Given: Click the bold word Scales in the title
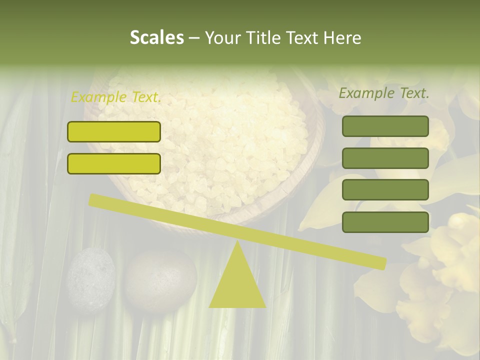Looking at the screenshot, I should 156,38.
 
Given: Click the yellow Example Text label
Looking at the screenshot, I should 116,97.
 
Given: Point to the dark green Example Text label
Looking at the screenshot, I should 384,93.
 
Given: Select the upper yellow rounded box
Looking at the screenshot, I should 114,131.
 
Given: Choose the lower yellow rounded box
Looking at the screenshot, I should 114,163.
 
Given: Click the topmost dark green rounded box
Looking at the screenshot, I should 385,126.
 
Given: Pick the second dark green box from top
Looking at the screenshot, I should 385,158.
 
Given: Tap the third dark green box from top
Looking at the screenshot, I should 385,190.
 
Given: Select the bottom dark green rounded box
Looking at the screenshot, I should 385,222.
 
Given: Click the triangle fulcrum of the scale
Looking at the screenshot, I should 237,282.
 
